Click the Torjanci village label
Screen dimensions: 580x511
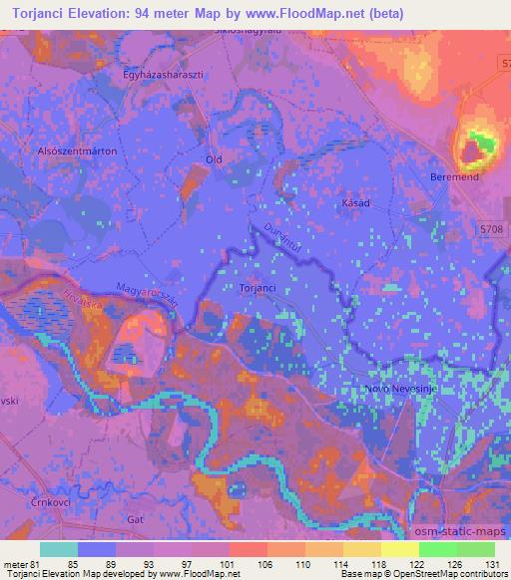click(256, 288)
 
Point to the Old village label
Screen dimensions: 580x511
click(213, 159)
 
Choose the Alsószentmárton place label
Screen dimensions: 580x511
click(76, 150)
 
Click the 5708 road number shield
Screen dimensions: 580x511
click(491, 230)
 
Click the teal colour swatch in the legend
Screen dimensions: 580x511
click(58, 548)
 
